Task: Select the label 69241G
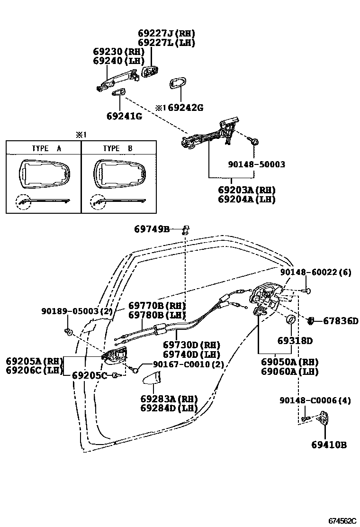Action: click(x=124, y=116)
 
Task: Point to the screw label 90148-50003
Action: click(x=256, y=164)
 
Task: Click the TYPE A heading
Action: click(x=46, y=148)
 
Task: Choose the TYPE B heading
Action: click(x=118, y=148)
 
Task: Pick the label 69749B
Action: click(x=152, y=229)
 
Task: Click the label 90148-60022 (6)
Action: click(x=315, y=273)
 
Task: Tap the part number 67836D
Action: click(x=341, y=321)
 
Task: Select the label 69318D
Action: click(x=295, y=341)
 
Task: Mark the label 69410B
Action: click(x=329, y=445)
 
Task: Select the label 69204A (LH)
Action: click(x=247, y=199)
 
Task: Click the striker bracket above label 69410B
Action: click(x=324, y=418)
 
